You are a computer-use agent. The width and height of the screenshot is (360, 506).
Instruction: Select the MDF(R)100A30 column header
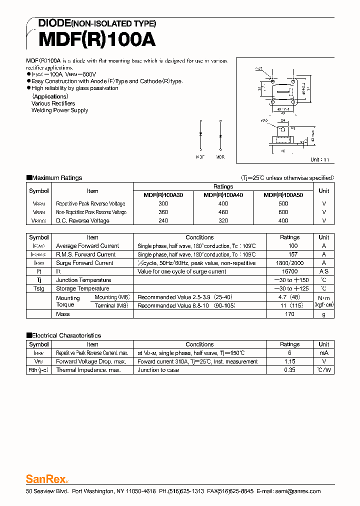point(163,195)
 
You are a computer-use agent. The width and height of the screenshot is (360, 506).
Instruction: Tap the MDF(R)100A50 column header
point(283,195)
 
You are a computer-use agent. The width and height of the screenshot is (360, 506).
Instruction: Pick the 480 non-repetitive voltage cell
point(223,212)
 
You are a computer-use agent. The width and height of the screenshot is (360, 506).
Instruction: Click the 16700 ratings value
point(289,271)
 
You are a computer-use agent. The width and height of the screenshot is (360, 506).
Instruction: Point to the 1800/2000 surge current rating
point(289,263)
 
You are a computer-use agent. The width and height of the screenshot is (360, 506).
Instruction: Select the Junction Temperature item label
point(83,280)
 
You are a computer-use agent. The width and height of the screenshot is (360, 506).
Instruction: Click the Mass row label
point(63,314)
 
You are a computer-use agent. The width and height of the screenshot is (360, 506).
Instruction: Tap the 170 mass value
point(289,314)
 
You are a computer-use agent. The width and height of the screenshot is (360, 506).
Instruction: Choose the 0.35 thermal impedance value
point(289,370)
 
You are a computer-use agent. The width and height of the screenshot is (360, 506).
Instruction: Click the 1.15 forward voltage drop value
point(289,361)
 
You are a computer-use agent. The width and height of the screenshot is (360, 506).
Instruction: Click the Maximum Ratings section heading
point(56,178)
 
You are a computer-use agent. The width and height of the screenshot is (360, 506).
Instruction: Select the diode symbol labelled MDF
point(200,135)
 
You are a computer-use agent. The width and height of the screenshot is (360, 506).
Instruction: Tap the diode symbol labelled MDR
point(220,135)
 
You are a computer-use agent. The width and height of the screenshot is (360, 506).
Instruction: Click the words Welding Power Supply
point(59,110)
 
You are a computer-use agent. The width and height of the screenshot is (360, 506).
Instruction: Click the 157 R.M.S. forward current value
point(289,254)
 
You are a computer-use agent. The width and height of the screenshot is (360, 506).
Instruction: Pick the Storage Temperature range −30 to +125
point(289,288)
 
